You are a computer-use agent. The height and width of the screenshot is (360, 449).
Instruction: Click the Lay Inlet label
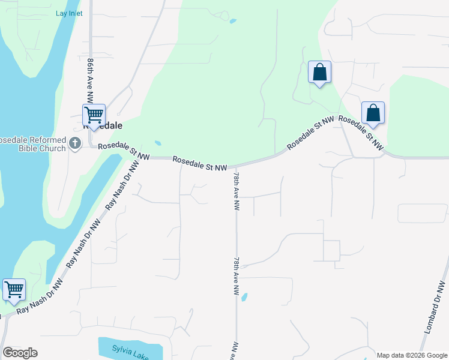70,13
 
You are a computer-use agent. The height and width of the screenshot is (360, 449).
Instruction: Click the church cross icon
74,143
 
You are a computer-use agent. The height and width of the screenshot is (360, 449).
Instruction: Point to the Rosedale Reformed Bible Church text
32,143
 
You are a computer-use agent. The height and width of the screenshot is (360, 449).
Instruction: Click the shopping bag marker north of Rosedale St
319,73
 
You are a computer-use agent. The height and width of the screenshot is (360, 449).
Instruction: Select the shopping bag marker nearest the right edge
373,113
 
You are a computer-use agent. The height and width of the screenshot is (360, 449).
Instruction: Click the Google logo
20,353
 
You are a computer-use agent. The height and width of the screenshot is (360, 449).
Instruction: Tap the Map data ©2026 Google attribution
412,355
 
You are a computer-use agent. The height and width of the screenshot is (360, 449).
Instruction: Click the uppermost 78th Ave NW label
237,191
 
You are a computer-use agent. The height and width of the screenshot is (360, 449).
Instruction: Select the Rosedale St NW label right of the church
124,151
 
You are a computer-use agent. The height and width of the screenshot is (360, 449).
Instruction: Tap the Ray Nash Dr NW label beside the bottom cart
40,298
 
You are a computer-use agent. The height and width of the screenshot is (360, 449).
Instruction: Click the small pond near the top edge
232,22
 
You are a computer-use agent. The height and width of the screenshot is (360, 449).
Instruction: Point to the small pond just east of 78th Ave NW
244,296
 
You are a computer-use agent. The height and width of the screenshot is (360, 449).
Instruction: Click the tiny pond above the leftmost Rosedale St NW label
157,143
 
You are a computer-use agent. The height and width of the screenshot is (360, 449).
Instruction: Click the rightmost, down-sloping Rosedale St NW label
360,132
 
